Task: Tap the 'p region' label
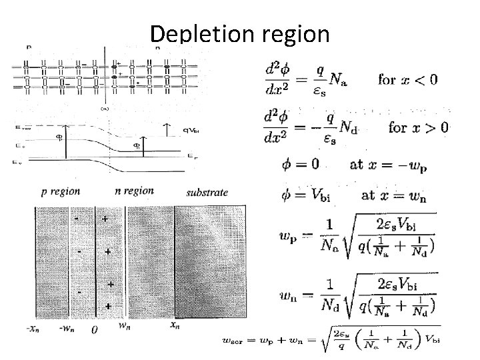pyautogui.click(x=61, y=191)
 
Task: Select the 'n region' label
pyautogui.click(x=134, y=191)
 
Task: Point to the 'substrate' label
pyautogui.click(x=207, y=192)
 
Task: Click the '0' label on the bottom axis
pyautogui.click(x=95, y=329)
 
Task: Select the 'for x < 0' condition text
pyautogui.click(x=407, y=80)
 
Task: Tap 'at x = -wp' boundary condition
pyautogui.click(x=388, y=164)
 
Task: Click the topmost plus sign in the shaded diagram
pyautogui.click(x=105, y=217)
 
